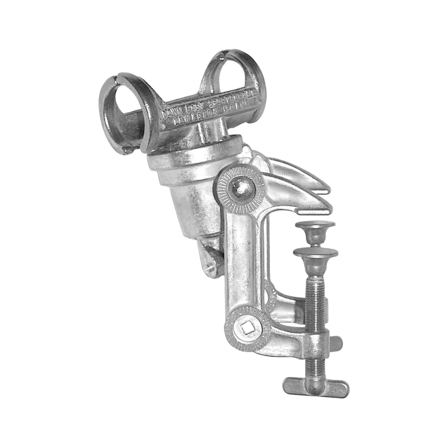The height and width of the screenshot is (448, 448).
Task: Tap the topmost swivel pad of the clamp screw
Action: point(315,227)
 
